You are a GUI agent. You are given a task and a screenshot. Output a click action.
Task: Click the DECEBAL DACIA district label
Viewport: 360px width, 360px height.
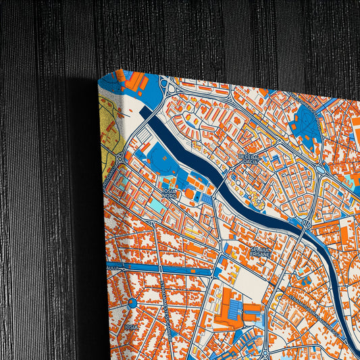click(249, 159)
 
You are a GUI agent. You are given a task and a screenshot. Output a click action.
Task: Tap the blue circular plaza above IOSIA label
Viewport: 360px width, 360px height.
click(132, 303)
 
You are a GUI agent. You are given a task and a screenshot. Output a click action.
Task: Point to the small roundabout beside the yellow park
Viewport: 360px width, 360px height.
click(119, 157)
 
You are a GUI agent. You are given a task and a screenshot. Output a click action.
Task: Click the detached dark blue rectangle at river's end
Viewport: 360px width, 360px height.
click(147, 111)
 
